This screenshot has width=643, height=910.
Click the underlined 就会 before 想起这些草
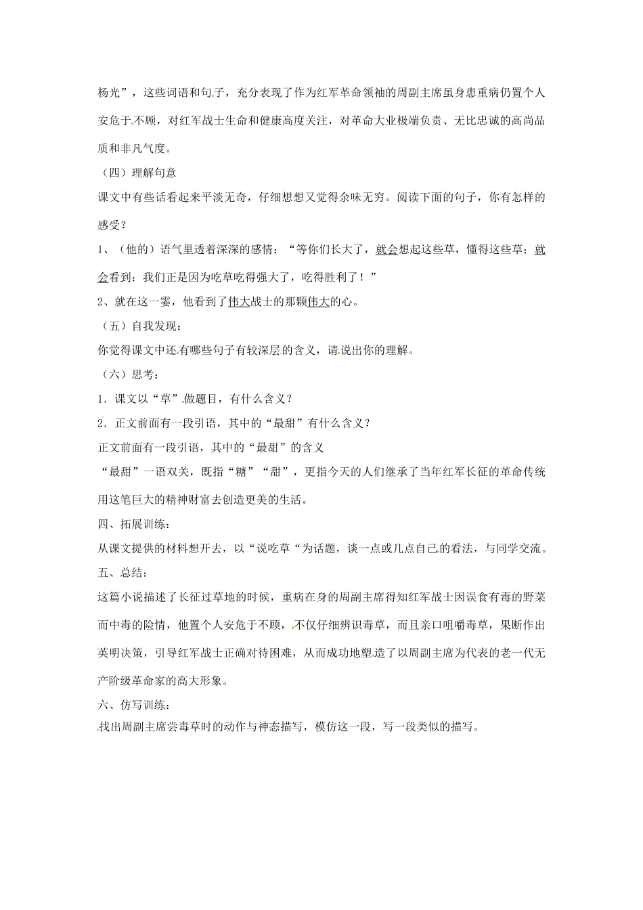[386, 250]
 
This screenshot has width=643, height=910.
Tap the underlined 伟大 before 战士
[239, 302]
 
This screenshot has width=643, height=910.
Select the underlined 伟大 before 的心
[318, 302]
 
